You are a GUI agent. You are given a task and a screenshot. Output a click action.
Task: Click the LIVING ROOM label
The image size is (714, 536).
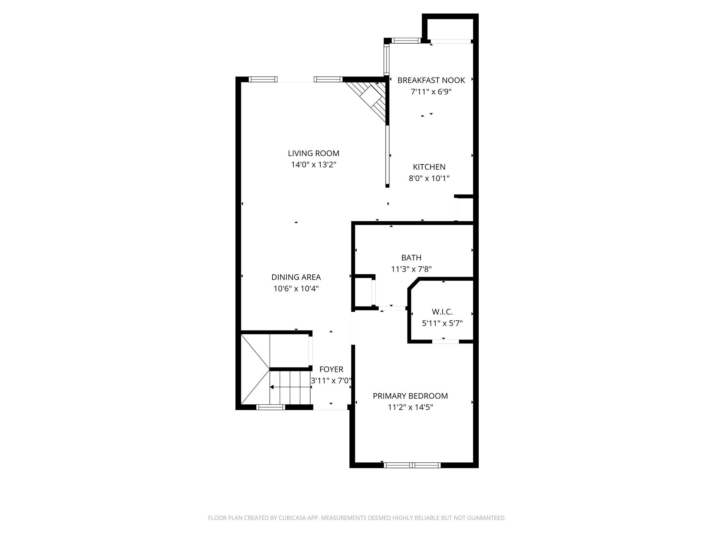(313, 153)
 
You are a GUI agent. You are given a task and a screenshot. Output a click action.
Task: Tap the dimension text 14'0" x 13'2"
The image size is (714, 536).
(313, 165)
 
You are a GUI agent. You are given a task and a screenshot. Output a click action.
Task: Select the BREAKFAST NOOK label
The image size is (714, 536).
(431, 80)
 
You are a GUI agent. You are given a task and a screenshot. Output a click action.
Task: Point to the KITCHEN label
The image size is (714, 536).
(429, 167)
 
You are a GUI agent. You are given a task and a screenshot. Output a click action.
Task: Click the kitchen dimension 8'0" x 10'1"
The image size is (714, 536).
(429, 178)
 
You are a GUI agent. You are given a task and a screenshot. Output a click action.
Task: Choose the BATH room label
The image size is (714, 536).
(411, 258)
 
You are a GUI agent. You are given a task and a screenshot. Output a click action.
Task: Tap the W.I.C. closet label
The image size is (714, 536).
(442, 312)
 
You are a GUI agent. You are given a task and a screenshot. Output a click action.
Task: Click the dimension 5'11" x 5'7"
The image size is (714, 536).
(442, 323)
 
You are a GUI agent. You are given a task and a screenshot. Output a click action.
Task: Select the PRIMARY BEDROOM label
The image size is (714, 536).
(410, 396)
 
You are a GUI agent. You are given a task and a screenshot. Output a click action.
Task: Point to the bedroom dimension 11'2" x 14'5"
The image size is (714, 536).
(410, 407)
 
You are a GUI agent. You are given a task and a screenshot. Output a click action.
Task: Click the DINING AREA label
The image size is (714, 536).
(296, 277)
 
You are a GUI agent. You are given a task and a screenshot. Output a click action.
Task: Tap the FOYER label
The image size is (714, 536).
(331, 369)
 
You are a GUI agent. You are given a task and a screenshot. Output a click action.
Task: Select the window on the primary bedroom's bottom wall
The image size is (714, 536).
(412, 465)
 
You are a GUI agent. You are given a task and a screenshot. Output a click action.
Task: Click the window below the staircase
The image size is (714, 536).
(271, 407)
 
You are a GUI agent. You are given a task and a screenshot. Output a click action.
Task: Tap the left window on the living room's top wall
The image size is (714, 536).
(263, 79)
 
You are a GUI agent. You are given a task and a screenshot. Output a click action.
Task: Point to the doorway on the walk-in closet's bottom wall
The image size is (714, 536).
(446, 341)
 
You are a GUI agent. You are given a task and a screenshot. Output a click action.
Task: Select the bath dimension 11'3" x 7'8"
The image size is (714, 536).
(411, 269)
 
